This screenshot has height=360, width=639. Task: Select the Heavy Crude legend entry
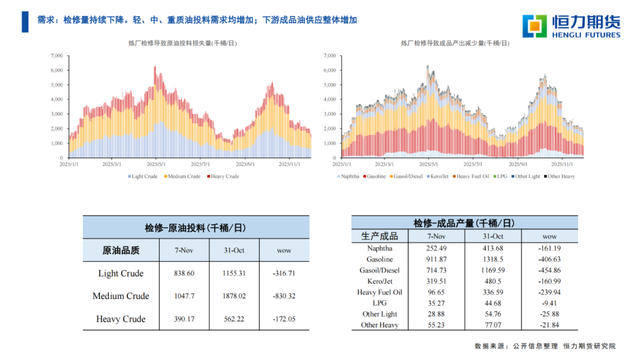pyautogui.click(x=222, y=176)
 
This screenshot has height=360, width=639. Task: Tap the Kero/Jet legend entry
pyautogui.click(x=438, y=176)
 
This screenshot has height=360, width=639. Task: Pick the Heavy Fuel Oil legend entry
pyautogui.click(x=471, y=176)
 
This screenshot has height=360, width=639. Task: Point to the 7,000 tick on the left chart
pyautogui.click(x=57, y=56)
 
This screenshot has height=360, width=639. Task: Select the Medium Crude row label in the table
pyautogui.click(x=121, y=296)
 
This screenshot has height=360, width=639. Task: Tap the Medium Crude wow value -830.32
pyautogui.click(x=284, y=296)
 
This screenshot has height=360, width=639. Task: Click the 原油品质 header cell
pyautogui.click(x=121, y=250)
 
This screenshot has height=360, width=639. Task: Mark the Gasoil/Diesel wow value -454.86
pyautogui.click(x=550, y=270)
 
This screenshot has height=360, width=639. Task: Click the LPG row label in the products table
pyautogui.click(x=379, y=303)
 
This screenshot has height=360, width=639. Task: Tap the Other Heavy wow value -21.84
pyautogui.click(x=550, y=325)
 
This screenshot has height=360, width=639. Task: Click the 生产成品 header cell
pyautogui.click(x=379, y=236)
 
